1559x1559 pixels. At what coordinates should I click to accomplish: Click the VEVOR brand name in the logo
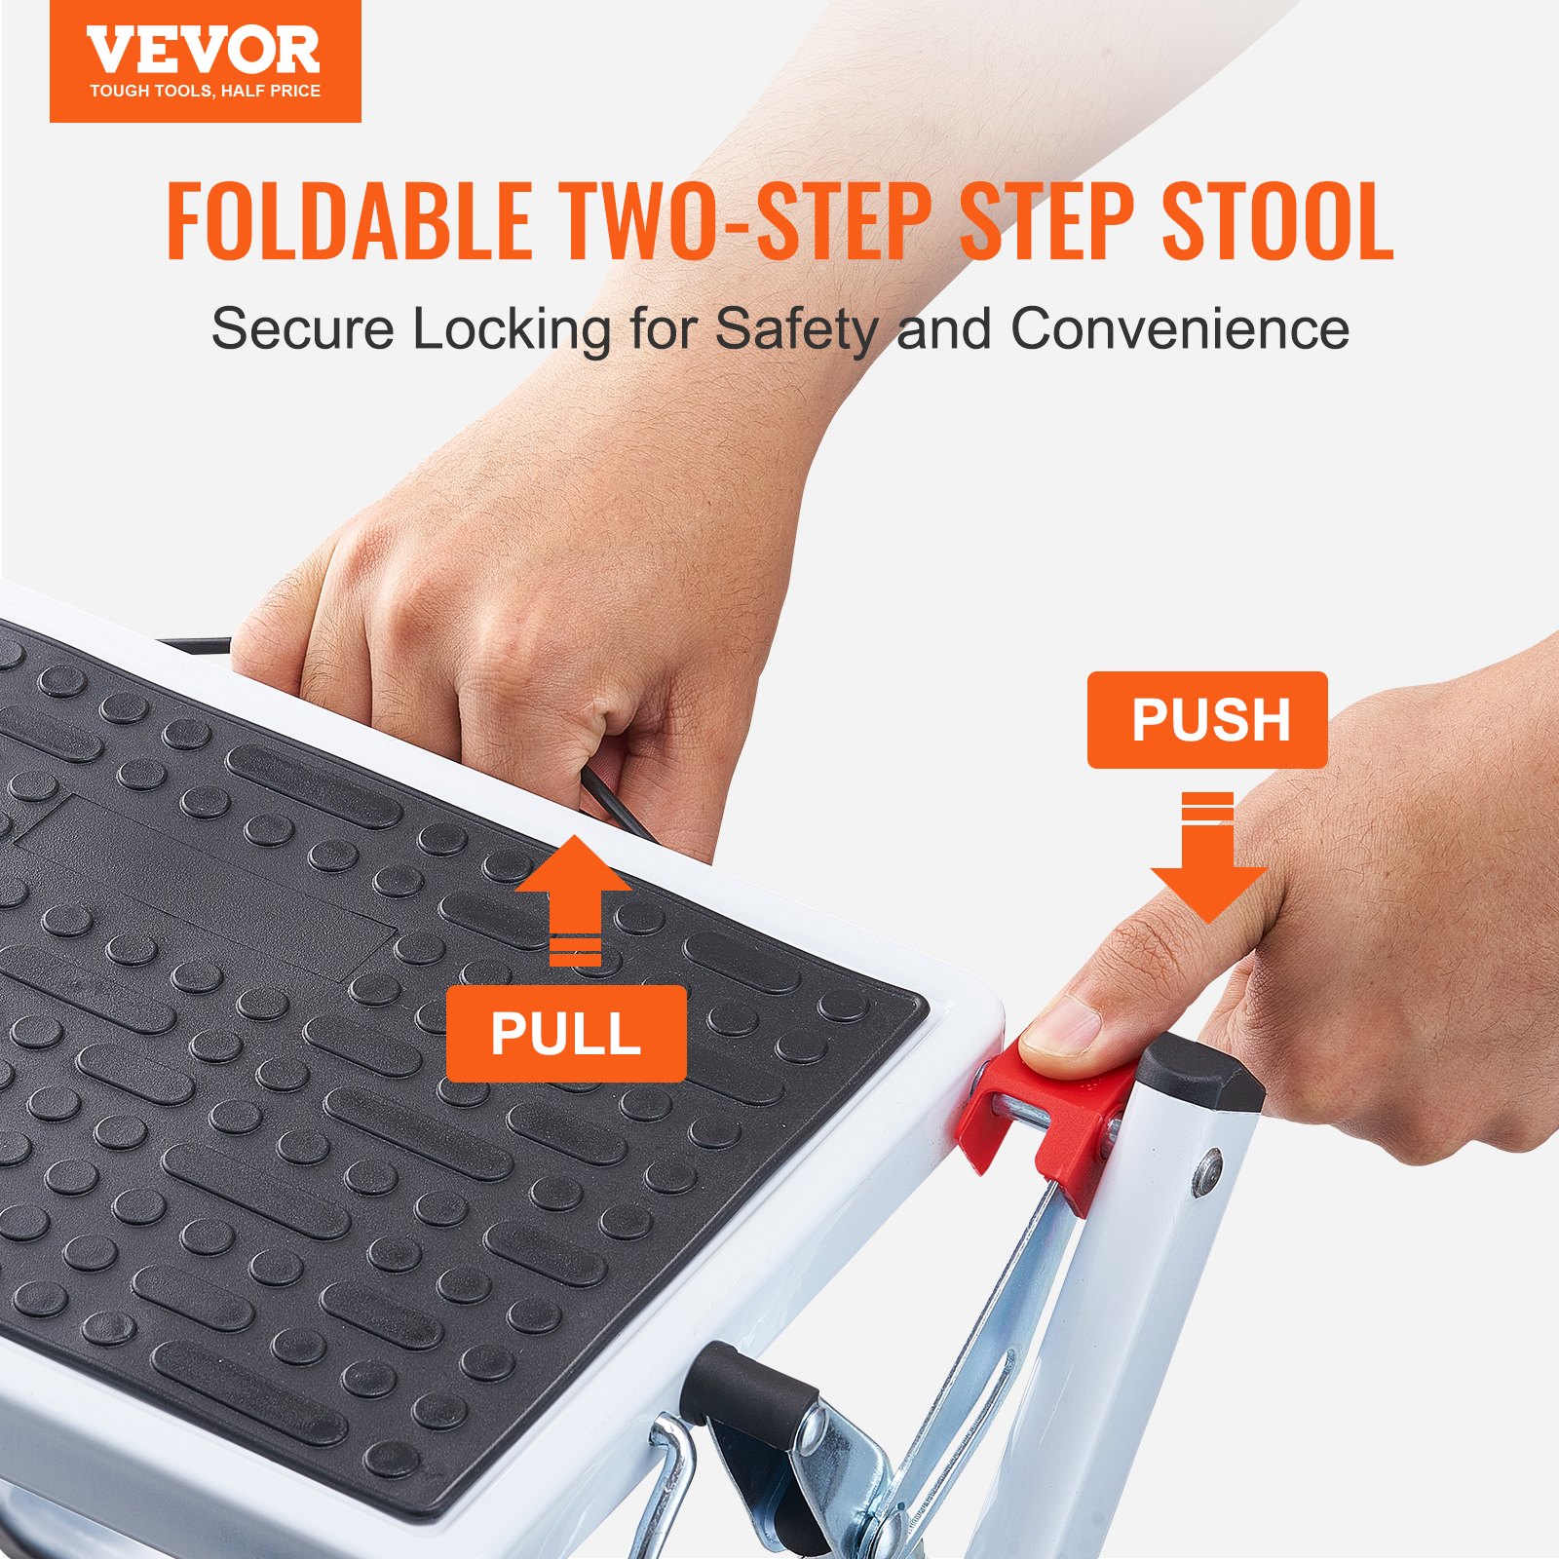tap(203, 52)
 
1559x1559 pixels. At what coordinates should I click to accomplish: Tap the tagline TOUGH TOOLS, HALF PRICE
tap(205, 92)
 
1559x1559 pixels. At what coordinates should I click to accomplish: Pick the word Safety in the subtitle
tap(796, 328)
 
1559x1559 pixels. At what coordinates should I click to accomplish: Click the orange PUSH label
tap(1207, 720)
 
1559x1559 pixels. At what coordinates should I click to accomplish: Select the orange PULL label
tap(566, 1034)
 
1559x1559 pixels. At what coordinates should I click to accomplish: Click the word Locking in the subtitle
tap(512, 328)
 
